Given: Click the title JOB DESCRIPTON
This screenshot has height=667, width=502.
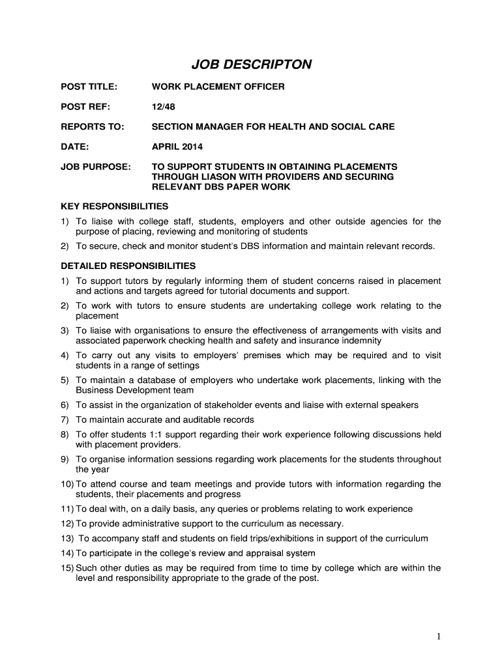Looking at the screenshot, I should [x=251, y=64].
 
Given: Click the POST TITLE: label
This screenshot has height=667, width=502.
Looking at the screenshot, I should [x=89, y=86].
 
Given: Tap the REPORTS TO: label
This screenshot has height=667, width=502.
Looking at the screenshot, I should [x=92, y=126].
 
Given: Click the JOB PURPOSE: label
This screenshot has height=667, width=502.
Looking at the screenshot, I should [x=96, y=167].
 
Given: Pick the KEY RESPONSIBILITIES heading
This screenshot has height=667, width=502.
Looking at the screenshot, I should [x=115, y=206].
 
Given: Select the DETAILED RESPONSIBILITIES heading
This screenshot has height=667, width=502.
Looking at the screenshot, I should [x=128, y=266].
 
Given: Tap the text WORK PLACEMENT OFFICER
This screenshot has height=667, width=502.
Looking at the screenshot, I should [x=218, y=86].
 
